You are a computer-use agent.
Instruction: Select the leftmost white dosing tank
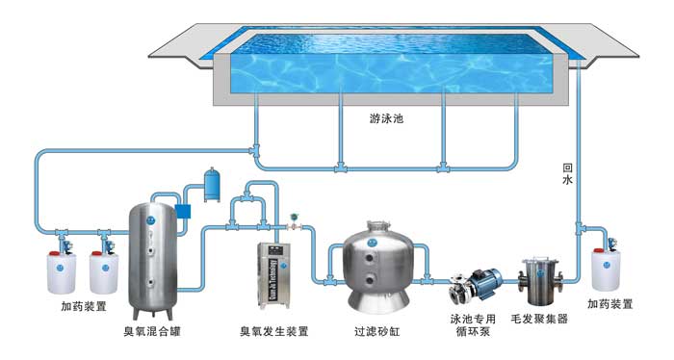click(x=62, y=273)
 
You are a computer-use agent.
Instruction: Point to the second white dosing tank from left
click(x=104, y=273)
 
